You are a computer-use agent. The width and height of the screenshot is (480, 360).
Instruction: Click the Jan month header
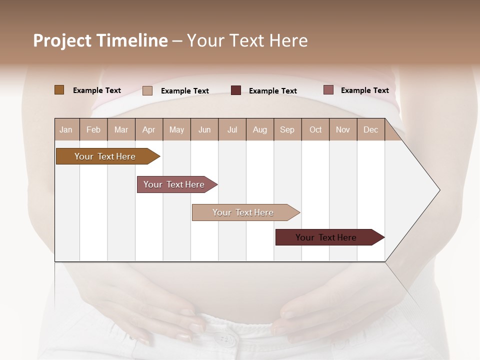pos(66,129)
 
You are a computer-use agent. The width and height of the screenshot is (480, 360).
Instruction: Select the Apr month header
pos(149,129)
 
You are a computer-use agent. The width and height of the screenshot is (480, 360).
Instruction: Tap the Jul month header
pos(232,129)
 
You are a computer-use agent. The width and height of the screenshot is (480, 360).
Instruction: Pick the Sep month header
pos(287,129)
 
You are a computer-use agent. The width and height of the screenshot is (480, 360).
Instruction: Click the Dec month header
pos(370,129)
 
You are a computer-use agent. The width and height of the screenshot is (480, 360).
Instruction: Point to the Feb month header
pos(93,129)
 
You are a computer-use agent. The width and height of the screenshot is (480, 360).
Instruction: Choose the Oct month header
pos(315,129)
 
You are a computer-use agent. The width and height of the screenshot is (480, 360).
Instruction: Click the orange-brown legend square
pos(59,90)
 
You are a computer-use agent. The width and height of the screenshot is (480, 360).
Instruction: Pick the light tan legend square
pos(147,90)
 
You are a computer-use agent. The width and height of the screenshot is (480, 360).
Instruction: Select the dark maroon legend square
pos(236,90)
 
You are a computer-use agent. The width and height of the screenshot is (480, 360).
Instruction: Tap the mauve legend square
pos(328,90)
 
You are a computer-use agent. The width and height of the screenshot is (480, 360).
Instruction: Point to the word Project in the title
pos(62,40)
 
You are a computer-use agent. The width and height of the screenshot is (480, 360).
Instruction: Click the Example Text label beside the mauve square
pos(364,90)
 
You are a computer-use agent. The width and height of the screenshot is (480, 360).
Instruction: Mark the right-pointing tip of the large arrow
pos(439,190)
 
